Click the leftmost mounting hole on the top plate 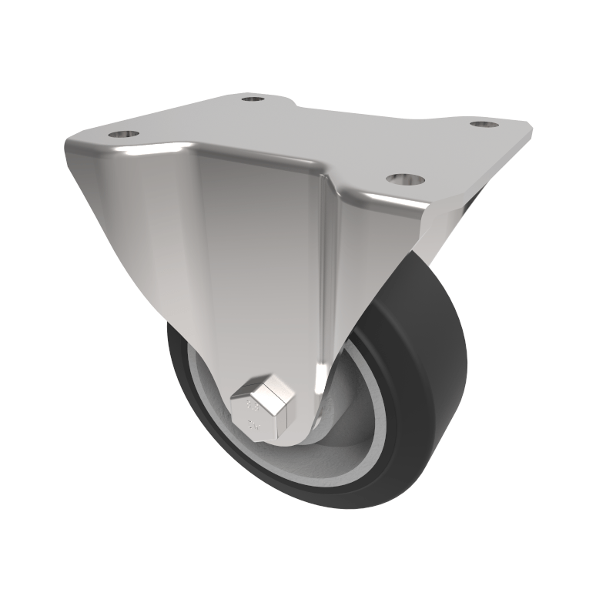(x=123, y=134)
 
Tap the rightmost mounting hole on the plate (x=484, y=123)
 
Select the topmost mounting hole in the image (x=252, y=99)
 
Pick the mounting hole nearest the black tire (x=406, y=179)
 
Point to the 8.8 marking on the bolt (x=250, y=402)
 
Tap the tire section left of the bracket (x=185, y=377)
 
